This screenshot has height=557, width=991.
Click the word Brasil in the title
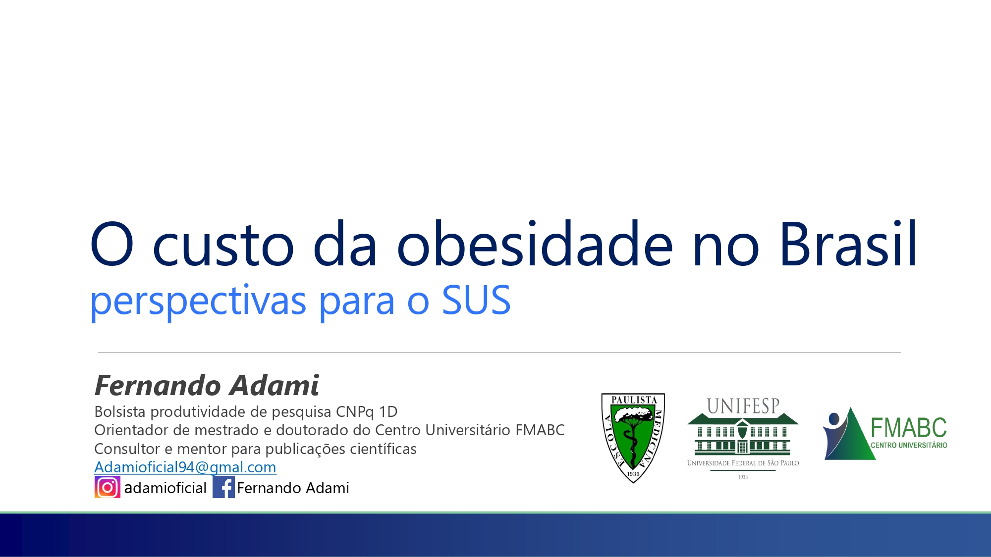[x=848, y=244]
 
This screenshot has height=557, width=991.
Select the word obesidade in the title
[x=535, y=244]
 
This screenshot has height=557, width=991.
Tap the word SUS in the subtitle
[x=476, y=300]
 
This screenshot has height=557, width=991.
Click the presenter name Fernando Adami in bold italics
[x=207, y=385]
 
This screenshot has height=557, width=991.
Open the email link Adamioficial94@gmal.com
[x=185, y=467]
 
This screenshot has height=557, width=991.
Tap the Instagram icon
[x=107, y=487]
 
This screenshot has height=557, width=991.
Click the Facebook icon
[x=223, y=487]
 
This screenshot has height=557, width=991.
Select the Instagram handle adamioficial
[x=165, y=488]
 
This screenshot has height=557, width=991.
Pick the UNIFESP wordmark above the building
[x=743, y=406]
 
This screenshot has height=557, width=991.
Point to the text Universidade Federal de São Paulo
[x=743, y=463]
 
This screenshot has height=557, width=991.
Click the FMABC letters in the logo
[x=908, y=427]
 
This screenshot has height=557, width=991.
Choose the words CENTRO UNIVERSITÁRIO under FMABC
[x=909, y=445]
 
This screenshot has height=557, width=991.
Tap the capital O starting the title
[x=112, y=244]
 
